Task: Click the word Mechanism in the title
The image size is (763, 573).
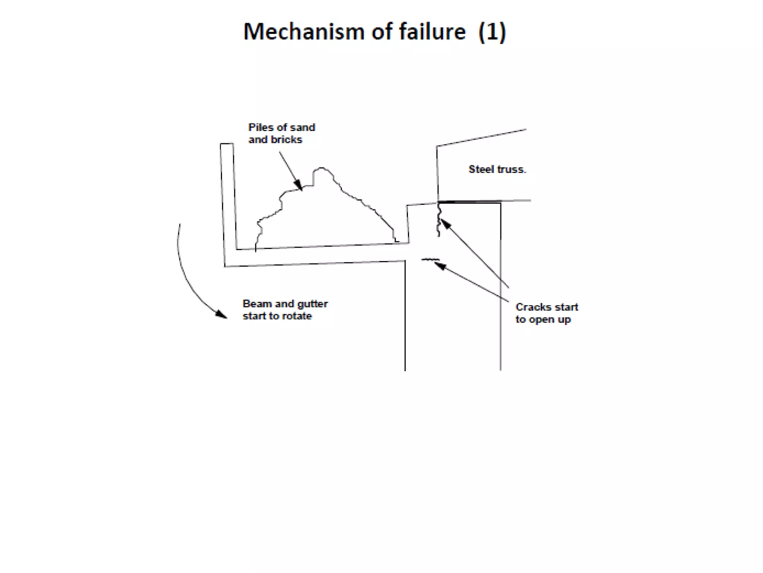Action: (304, 31)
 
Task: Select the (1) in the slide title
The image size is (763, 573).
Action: (492, 31)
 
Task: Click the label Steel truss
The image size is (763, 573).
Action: (497, 169)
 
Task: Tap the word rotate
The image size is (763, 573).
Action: (297, 316)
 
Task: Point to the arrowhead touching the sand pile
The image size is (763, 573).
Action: (299, 185)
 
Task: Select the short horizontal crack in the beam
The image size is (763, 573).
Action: (430, 259)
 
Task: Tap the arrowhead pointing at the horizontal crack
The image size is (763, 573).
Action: (439, 265)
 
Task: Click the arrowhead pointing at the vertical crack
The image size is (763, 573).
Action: (445, 224)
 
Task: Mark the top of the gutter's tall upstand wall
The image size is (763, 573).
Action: (227, 144)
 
